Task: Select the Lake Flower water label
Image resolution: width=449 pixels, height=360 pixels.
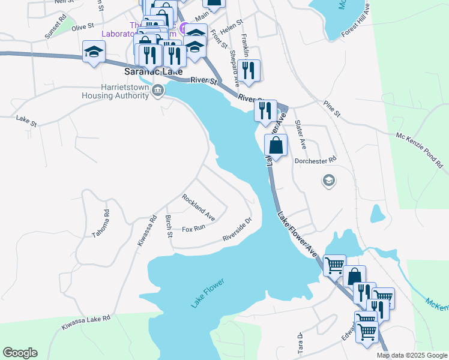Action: [207, 293]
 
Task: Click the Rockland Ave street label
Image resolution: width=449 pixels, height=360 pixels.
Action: [199, 206]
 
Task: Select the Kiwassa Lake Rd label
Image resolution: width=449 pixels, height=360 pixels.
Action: [86, 323]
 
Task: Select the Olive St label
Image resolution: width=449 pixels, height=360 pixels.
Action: [83, 27]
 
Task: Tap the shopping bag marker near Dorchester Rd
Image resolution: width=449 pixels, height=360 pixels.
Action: [276, 145]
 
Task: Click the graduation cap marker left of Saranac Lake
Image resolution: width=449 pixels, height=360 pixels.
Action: [94, 52]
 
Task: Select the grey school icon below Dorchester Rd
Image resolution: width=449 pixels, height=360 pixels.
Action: [328, 180]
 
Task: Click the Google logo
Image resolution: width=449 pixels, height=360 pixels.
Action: [20, 353]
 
